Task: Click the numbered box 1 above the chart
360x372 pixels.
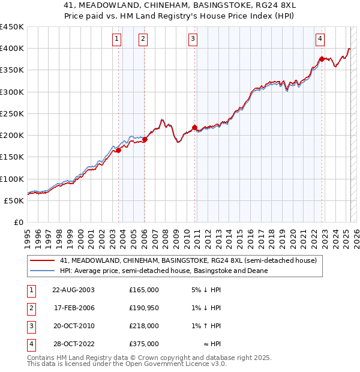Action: (116, 40)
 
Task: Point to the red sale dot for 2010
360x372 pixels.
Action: (195, 127)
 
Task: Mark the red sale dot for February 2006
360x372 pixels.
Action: (145, 139)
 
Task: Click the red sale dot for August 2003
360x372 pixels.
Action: (119, 151)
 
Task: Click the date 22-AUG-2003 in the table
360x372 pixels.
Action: (73, 290)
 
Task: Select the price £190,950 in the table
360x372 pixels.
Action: (144, 308)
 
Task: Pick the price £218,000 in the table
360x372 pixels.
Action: (144, 326)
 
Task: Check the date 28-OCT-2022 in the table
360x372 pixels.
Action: (73, 344)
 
